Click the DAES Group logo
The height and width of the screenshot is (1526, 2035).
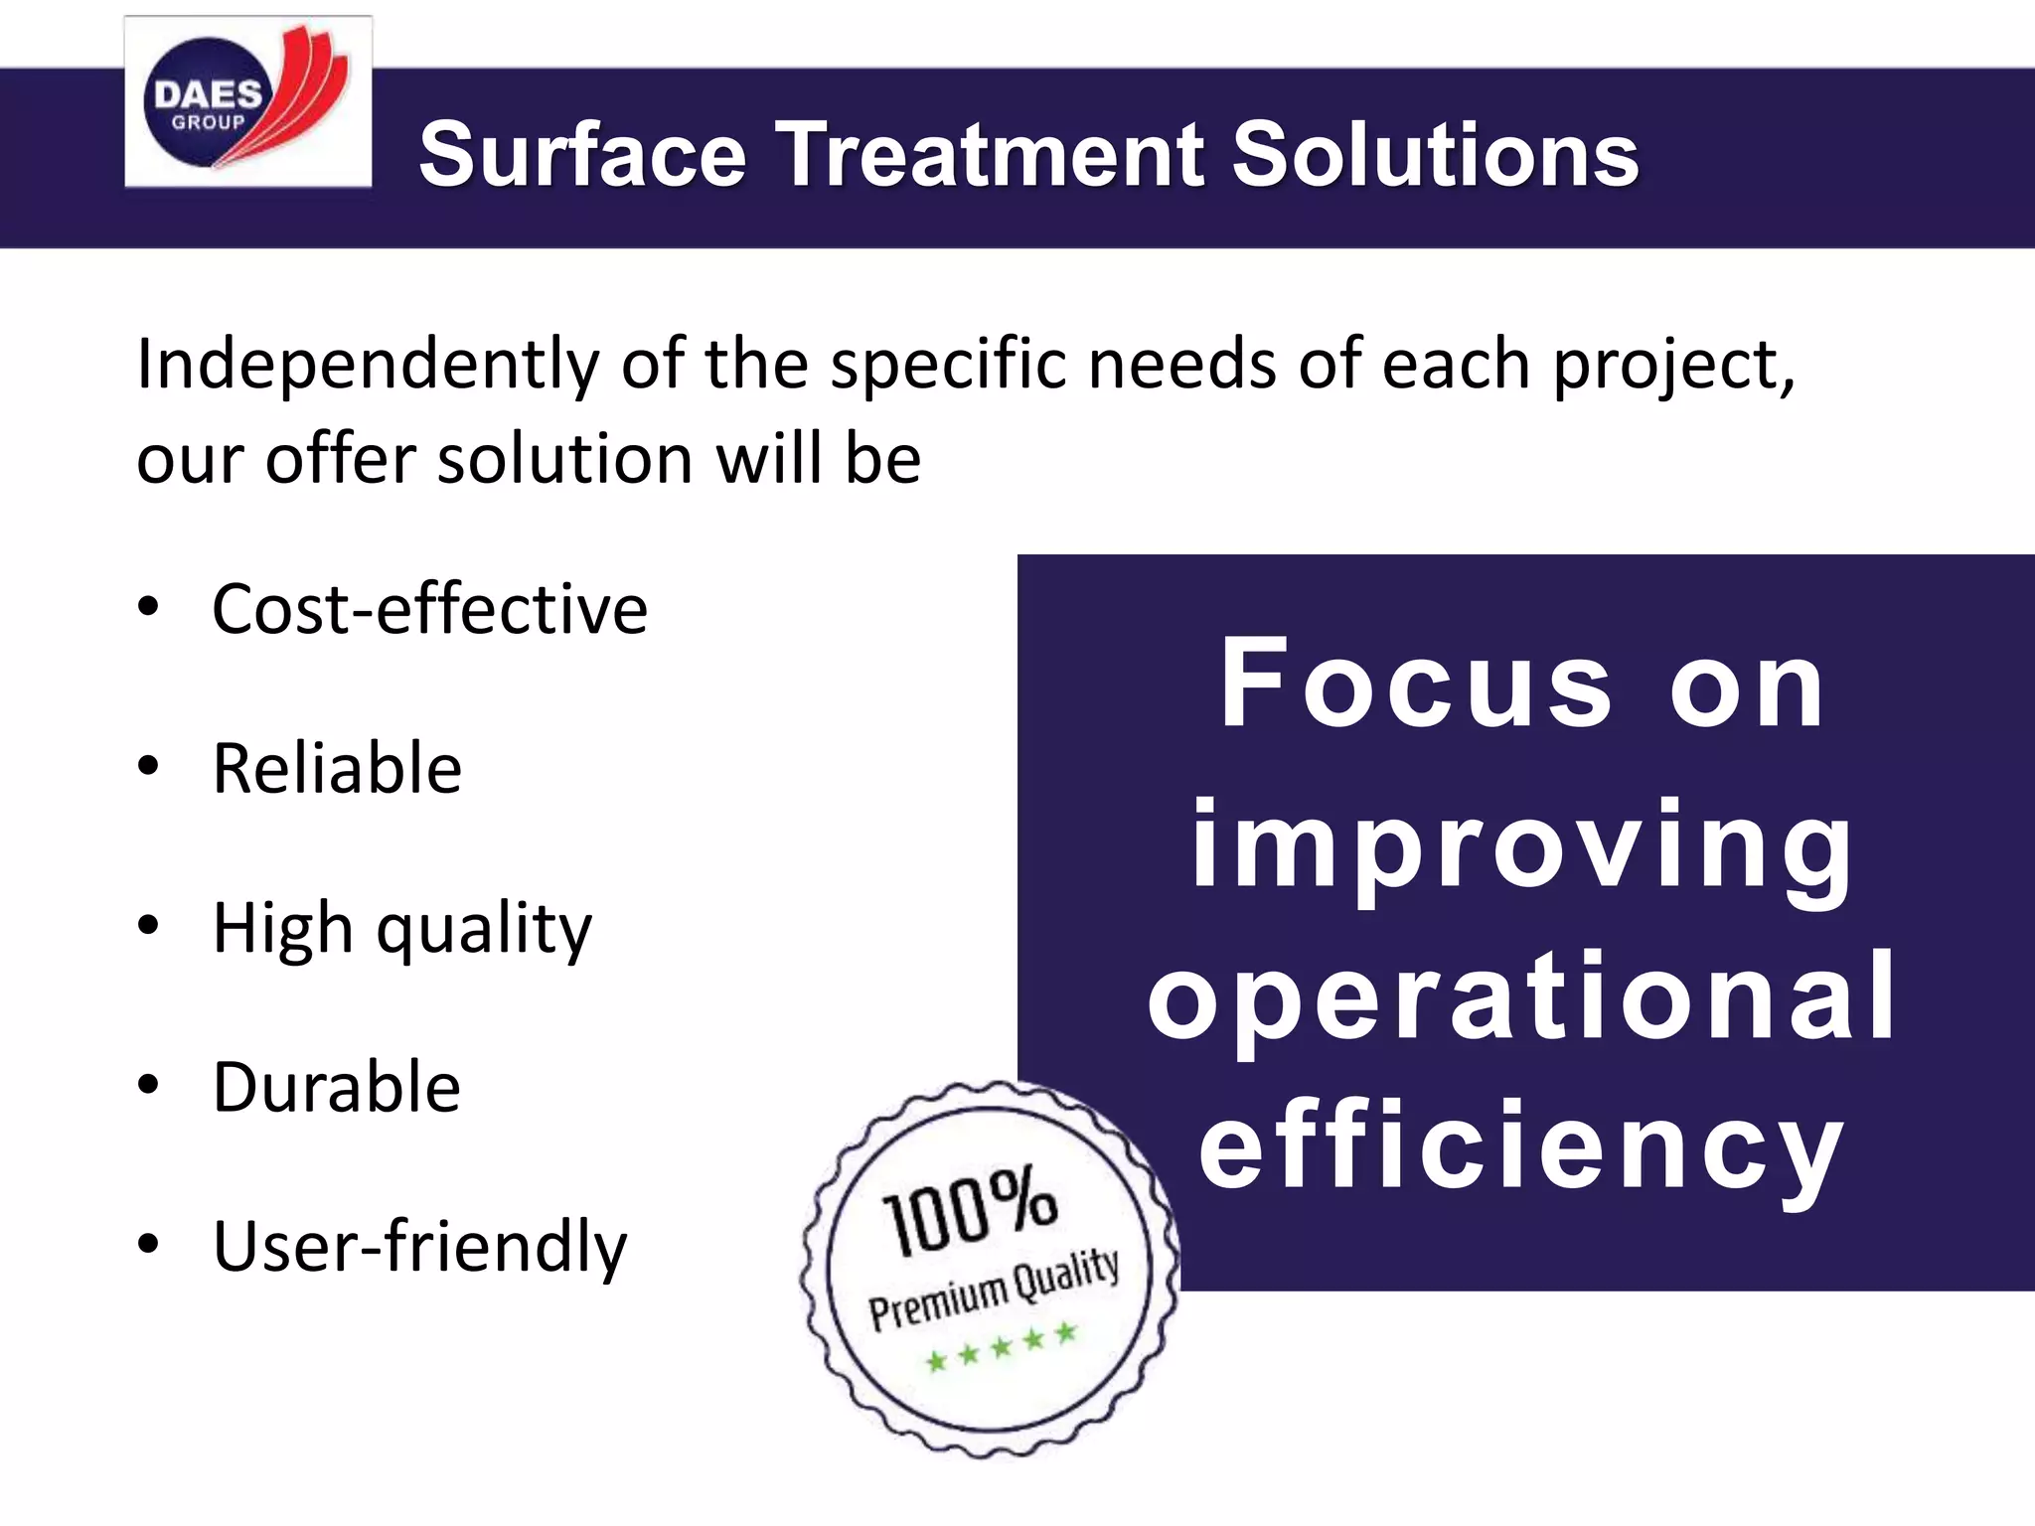247,102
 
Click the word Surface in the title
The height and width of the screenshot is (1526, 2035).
582,154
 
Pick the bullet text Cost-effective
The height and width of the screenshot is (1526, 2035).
429,609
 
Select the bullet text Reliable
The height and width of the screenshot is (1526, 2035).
337,769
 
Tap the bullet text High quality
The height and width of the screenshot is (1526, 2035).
401,929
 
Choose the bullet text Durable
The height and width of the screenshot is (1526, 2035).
336,1087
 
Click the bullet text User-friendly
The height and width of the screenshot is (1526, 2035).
419,1247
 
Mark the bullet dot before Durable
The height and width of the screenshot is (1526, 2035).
148,1085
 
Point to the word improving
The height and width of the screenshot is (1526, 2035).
1522,847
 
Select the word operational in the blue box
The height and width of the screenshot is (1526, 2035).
1522,996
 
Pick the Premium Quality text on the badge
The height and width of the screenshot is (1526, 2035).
994,1290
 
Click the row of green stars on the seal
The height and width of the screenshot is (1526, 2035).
1001,1347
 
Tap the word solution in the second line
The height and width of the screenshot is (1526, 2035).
564,460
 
